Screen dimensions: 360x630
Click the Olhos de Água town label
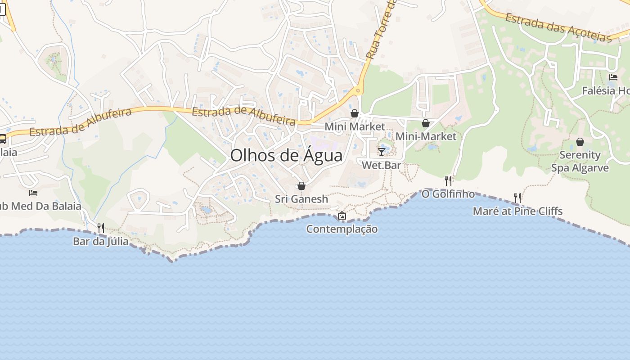(x=286, y=155)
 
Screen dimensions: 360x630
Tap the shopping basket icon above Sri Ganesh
(x=301, y=186)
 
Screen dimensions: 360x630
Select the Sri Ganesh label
(x=301, y=199)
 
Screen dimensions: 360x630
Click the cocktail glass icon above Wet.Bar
(x=382, y=152)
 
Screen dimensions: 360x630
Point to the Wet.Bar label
(x=382, y=165)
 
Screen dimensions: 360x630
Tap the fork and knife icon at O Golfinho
(x=448, y=181)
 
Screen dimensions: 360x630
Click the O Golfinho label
(x=448, y=194)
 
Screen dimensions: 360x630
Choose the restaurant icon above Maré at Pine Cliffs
(x=517, y=198)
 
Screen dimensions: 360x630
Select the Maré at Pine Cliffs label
(x=517, y=211)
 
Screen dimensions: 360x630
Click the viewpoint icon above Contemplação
(x=342, y=216)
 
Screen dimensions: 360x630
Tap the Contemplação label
(x=342, y=229)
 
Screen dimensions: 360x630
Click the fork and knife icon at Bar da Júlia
(x=101, y=228)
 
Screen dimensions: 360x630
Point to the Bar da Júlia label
(x=101, y=241)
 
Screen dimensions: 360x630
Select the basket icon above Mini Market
(x=355, y=113)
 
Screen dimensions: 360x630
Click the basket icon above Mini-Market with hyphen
(x=426, y=123)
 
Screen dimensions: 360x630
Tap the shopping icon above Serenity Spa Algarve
(x=580, y=142)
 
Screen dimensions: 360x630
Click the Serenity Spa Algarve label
(x=580, y=162)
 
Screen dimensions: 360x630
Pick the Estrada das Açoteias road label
(x=558, y=28)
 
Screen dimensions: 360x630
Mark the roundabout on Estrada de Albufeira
(x=358, y=91)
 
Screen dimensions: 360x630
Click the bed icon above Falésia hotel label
(x=613, y=77)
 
